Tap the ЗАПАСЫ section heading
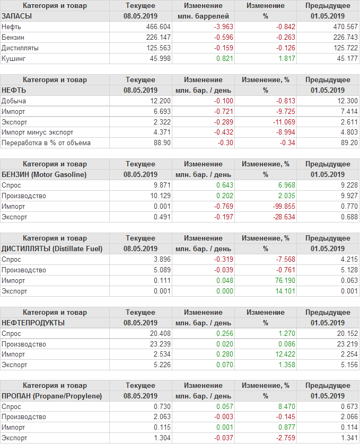[17, 16]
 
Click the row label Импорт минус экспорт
[38, 132]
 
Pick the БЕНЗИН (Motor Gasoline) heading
[45, 174]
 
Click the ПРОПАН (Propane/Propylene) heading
[52, 396]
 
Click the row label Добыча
[14, 101]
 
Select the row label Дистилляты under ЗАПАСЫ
[21, 48]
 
